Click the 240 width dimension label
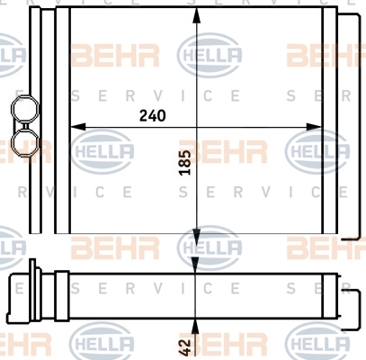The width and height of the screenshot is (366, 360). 152,116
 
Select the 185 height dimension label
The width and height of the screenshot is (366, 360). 184,162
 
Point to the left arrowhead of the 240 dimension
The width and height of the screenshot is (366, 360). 77,127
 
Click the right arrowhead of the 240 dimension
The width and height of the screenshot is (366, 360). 314,127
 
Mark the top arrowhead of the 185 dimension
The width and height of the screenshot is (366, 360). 196,15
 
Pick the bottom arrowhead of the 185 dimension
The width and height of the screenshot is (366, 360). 196,237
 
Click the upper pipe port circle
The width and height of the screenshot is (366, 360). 25,109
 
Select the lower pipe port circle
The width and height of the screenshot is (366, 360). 25,143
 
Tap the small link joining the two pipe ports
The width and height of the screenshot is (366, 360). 25,126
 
